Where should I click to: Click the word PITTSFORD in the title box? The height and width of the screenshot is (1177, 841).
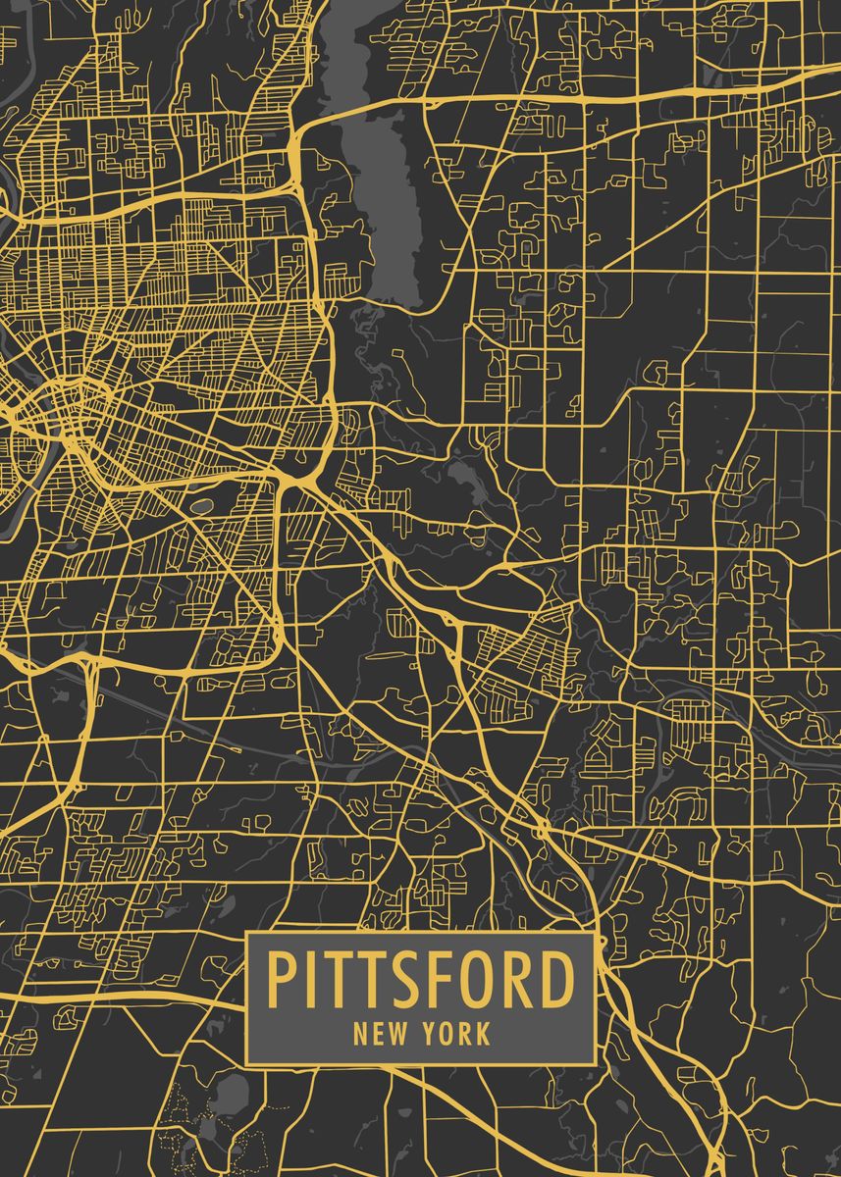(420, 980)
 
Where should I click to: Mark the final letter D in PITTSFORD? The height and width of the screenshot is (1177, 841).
(555, 980)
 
